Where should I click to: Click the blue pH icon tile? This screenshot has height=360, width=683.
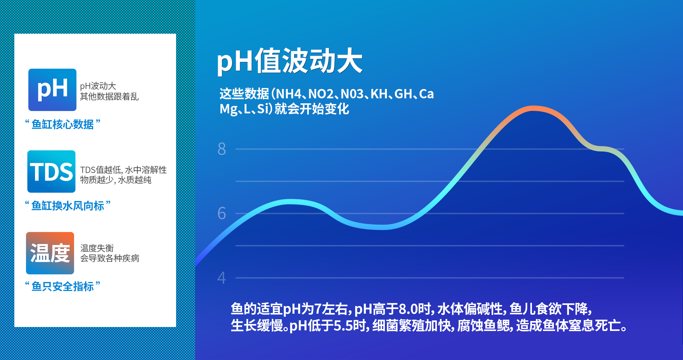(52, 90)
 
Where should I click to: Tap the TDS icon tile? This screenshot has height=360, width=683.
(51, 171)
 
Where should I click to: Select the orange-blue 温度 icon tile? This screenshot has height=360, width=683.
(50, 253)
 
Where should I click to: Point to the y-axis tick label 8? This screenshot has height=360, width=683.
(222, 149)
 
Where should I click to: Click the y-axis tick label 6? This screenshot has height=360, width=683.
(222, 213)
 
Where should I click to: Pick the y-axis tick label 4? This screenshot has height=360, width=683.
(222, 278)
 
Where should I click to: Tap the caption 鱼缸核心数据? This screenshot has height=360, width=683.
(63, 124)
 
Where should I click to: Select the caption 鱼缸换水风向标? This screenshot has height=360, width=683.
(68, 206)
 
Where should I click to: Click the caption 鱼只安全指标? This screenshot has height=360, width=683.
(63, 286)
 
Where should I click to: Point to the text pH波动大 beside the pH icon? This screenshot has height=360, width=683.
(98, 86)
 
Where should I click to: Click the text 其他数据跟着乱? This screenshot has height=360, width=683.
(109, 96)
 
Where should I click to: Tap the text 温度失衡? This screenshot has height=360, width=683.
(97, 248)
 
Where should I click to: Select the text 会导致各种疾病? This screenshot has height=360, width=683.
(110, 258)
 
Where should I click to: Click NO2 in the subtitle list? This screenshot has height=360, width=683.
(321, 94)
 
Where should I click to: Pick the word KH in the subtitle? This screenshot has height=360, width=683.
(379, 94)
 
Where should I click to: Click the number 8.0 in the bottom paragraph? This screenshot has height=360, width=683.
(409, 309)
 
